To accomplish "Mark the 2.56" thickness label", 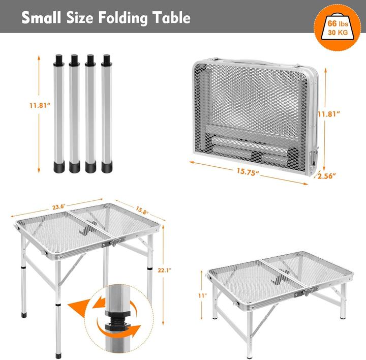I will [326, 175].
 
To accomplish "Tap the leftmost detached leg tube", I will [58, 112].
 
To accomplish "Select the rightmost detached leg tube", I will [107, 112].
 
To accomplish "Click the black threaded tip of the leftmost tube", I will [58, 59].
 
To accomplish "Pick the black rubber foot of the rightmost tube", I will [107, 166].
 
